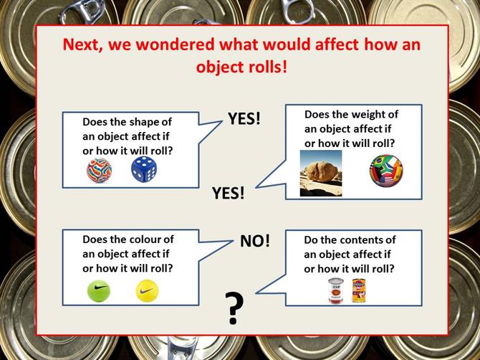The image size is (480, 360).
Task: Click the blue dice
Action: tap(143, 169)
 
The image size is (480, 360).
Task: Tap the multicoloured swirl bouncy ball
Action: tap(99, 171)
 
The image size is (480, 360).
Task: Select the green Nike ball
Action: tap(99, 290)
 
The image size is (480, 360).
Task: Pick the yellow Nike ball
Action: tap(147, 290)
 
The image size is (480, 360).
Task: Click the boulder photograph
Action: tap(321, 173)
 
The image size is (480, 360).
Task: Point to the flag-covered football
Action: tap(386, 171)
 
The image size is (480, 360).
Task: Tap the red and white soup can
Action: tap(336, 290)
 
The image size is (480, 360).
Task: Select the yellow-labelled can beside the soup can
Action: tap(359, 290)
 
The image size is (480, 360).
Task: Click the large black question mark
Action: tap(234, 308)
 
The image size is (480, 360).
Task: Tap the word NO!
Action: tap(255, 241)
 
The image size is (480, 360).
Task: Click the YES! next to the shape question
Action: tap(244, 118)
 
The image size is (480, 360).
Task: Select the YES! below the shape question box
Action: tap(229, 193)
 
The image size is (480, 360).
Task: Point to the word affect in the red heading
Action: tap(337, 44)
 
